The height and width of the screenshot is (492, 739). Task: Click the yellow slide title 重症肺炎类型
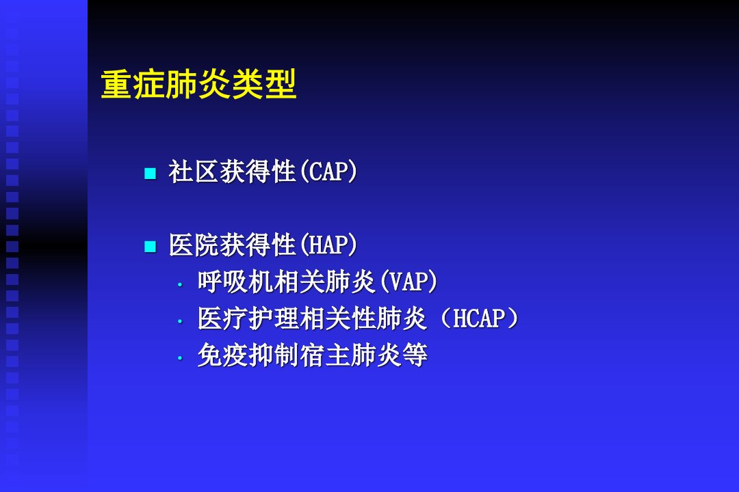pos(198,84)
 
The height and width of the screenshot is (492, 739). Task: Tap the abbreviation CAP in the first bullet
pos(328,172)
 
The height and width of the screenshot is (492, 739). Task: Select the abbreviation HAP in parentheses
pos(328,245)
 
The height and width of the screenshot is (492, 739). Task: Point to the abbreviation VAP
pos(407,282)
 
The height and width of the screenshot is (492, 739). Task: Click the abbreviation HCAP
pos(478,318)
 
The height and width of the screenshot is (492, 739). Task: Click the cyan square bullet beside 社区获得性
pos(150,174)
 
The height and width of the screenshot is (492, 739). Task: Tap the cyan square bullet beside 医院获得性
pos(150,246)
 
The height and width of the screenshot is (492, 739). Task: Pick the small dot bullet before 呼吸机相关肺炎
pos(179,284)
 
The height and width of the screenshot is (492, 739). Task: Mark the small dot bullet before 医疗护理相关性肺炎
pos(179,321)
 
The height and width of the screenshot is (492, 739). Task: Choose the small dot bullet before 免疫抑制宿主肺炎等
pos(179,358)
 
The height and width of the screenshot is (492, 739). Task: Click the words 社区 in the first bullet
pos(194,172)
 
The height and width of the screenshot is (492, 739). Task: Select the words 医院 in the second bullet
pos(194,245)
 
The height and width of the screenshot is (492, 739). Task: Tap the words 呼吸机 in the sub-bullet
pos(235,282)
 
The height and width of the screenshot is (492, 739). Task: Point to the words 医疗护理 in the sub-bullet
pos(248,318)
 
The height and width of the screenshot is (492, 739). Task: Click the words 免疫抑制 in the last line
pos(248,355)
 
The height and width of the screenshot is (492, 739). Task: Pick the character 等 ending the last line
pos(415,355)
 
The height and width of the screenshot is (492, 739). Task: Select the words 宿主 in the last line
pos(325,355)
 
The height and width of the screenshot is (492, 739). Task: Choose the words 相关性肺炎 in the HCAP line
pos(363,318)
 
